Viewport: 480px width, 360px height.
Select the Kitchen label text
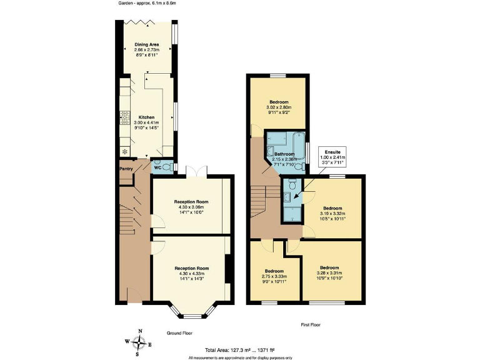pyautogui.click(x=146, y=117)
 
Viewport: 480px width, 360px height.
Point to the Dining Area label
pyautogui.click(x=146, y=44)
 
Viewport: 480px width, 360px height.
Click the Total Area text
pyautogui.click(x=240, y=350)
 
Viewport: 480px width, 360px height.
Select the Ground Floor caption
pyautogui.click(x=179, y=334)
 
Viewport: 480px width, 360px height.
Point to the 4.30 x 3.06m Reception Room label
pyautogui.click(x=191, y=202)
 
